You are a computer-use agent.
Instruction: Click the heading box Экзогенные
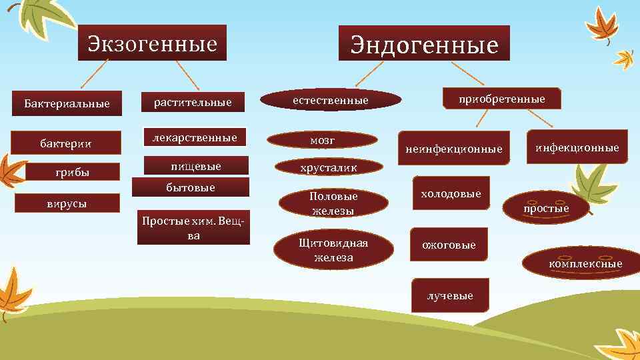point(152,43)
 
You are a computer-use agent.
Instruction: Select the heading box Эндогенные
point(424,44)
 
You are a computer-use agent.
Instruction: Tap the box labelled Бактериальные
point(67,103)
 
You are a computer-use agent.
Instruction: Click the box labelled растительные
point(193,102)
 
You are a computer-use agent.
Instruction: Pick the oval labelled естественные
point(331,100)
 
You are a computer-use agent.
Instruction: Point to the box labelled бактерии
point(65,143)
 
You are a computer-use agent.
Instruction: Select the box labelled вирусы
point(67,203)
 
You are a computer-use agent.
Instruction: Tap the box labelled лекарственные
point(195,138)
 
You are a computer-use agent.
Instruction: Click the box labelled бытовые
point(191,187)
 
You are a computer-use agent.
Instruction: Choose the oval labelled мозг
point(323,140)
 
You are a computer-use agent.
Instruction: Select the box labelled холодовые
point(451,193)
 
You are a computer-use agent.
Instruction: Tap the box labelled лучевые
point(450,295)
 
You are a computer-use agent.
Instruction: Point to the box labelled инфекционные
point(577,147)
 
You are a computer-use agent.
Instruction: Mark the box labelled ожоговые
point(449,245)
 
